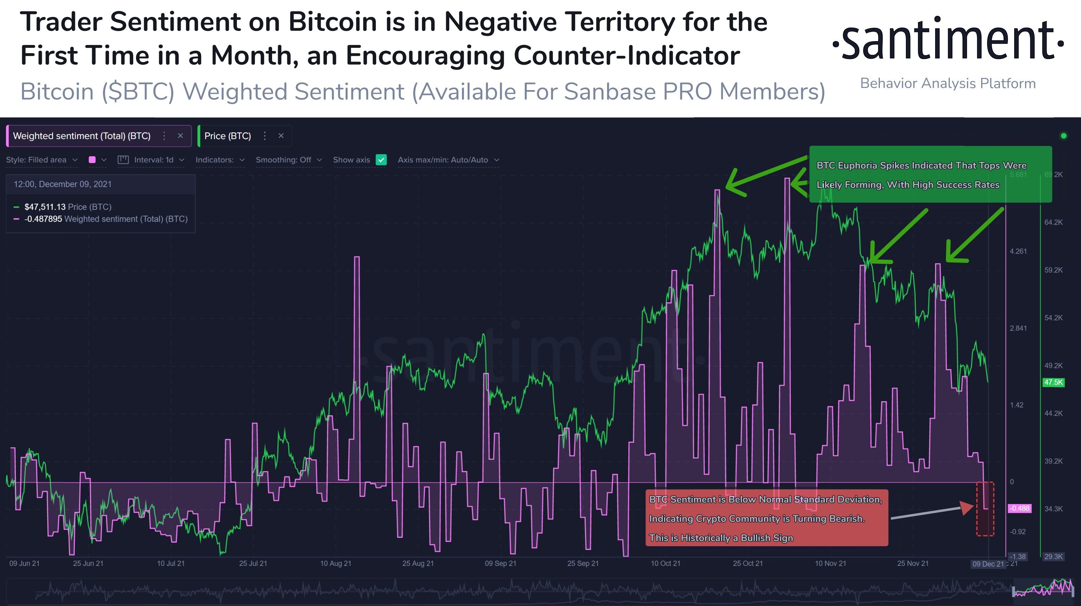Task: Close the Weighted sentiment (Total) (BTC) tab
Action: pyautogui.click(x=180, y=136)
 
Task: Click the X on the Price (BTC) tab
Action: pyautogui.click(x=281, y=136)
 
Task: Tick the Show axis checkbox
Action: pyautogui.click(x=381, y=160)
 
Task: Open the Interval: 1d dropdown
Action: pyautogui.click(x=153, y=160)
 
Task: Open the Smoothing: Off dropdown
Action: pyautogui.click(x=288, y=160)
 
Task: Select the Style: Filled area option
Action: pyautogui.click(x=41, y=160)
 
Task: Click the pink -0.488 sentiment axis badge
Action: pyautogui.click(x=1019, y=508)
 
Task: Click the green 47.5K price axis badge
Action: pyautogui.click(x=1053, y=382)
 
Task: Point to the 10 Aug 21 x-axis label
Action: pyautogui.click(x=335, y=563)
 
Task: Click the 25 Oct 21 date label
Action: pyautogui.click(x=747, y=563)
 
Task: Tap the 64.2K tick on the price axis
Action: pyautogui.click(x=1053, y=222)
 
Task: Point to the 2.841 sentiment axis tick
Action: pyautogui.click(x=1018, y=328)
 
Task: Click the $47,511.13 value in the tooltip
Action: pyautogui.click(x=45, y=206)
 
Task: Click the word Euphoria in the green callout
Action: pyautogui.click(x=856, y=165)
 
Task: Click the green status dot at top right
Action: pyautogui.click(x=1063, y=136)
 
